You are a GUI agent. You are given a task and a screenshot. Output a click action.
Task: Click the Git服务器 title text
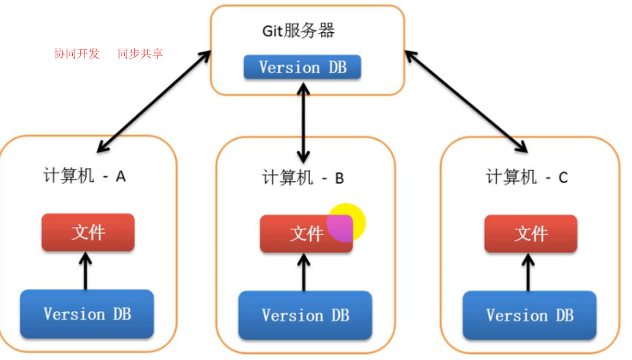[299, 31]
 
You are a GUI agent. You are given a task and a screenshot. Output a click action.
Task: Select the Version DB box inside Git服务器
[303, 67]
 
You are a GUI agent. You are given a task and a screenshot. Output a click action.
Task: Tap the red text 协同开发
[77, 53]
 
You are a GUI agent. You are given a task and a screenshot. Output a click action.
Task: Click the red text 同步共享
[140, 53]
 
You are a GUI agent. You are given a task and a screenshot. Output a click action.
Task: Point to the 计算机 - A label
[85, 176]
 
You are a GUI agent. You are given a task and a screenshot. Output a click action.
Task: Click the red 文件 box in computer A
[88, 232]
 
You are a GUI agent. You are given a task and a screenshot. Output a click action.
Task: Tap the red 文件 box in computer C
[531, 234]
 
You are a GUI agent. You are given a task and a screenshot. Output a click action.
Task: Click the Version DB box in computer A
[87, 314]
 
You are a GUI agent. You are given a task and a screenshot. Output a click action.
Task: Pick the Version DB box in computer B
[305, 315]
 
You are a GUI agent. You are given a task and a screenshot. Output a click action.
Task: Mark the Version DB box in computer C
[530, 315]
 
